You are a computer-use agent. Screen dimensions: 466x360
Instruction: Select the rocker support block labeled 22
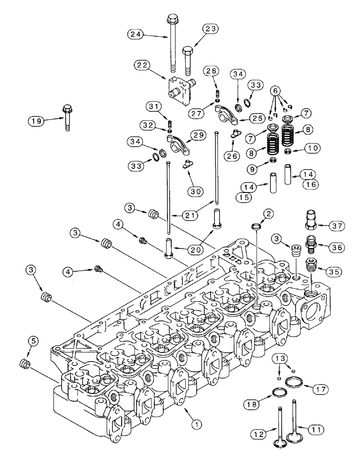coord(180,91)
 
